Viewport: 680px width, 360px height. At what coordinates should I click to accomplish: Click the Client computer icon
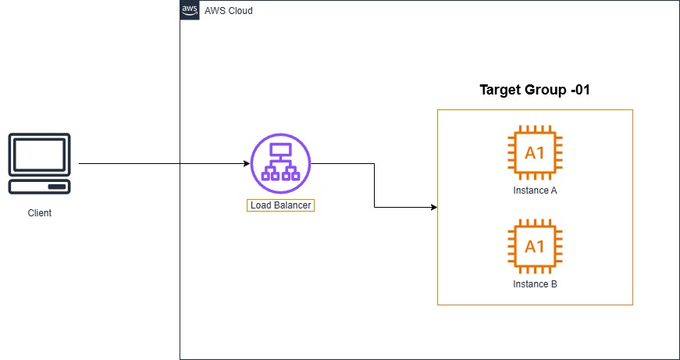(x=39, y=164)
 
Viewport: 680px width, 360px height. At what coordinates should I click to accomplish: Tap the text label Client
(x=39, y=212)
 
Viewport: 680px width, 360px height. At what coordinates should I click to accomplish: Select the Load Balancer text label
(x=281, y=206)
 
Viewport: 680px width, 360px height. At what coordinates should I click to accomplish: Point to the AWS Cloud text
(x=228, y=11)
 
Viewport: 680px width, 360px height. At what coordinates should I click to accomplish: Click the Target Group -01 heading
(x=534, y=90)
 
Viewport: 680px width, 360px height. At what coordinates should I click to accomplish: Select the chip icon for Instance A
(x=535, y=152)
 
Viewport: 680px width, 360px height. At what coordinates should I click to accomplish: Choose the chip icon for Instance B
(x=535, y=247)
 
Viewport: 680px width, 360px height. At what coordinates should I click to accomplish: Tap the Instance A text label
(x=535, y=190)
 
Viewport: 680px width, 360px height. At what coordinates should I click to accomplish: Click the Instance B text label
(x=535, y=284)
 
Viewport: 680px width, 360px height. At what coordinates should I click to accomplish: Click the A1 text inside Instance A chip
(x=535, y=152)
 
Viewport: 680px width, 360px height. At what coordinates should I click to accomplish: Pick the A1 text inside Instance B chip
(x=535, y=247)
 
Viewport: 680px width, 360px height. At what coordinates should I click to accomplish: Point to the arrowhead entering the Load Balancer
(x=246, y=164)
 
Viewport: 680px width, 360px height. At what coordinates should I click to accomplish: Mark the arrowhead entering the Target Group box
(x=433, y=208)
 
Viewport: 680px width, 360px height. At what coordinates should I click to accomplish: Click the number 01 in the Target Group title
(x=580, y=90)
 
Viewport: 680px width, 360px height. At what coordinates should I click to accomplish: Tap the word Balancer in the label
(x=294, y=206)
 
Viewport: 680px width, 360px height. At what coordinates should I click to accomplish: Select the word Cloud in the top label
(x=240, y=11)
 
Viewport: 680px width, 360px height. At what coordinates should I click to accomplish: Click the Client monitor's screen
(x=39, y=155)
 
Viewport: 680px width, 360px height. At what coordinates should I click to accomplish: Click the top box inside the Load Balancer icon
(x=280, y=149)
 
